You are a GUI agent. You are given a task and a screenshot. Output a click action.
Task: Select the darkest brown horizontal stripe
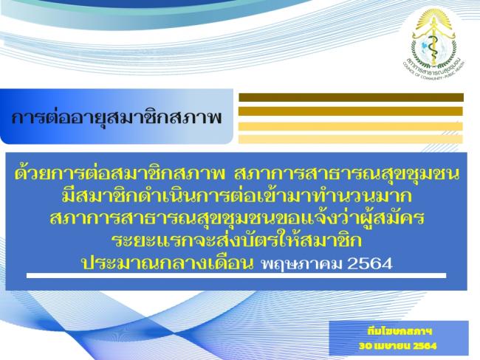coord(351,97)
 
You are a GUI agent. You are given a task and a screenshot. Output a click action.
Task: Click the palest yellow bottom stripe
coord(351,139)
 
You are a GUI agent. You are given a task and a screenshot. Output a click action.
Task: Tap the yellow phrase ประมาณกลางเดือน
coord(167,263)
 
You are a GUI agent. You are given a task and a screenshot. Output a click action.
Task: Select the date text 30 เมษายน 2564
coord(397,346)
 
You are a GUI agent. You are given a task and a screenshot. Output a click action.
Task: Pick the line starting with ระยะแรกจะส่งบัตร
coord(236,240)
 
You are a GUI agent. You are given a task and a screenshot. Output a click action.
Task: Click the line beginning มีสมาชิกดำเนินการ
coord(236,196)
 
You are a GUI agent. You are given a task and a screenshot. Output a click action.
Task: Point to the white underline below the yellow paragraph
coord(236,276)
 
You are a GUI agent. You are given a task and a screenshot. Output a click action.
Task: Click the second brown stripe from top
coord(351,111)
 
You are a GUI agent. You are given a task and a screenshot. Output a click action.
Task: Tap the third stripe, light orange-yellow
coord(351,126)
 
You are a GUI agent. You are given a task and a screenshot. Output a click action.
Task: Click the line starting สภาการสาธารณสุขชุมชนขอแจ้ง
coord(236,218)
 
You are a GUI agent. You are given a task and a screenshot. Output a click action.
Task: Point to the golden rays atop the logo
coord(434,18)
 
